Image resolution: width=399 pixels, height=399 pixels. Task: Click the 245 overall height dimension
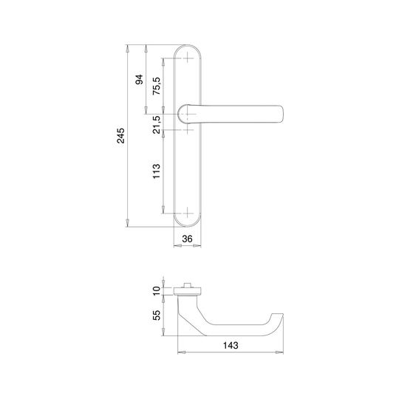tap(120, 136)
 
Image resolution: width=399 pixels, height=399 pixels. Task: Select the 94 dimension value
tap(139, 79)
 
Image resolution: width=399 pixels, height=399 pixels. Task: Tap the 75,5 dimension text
tap(157, 86)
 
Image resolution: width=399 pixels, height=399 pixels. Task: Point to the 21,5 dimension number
tap(157, 124)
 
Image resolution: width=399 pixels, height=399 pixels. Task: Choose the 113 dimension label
tap(157, 171)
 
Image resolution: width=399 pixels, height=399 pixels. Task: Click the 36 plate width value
tap(187, 239)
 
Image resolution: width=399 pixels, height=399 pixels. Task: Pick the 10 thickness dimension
tap(157, 290)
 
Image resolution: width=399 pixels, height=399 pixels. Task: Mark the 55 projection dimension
tap(157, 315)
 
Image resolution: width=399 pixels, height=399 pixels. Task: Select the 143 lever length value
tap(231, 345)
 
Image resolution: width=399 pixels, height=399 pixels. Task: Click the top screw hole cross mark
tap(187, 58)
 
